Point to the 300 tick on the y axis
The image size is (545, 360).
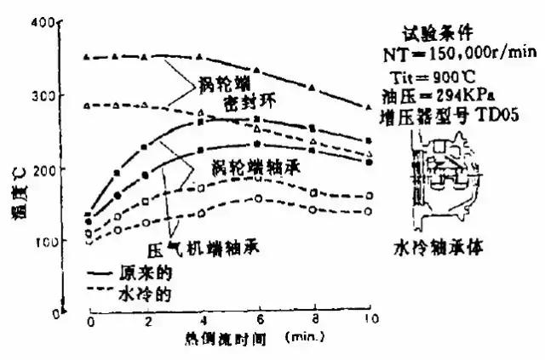67,96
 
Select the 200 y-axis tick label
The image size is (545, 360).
67,169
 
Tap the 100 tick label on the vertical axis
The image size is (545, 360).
67,242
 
